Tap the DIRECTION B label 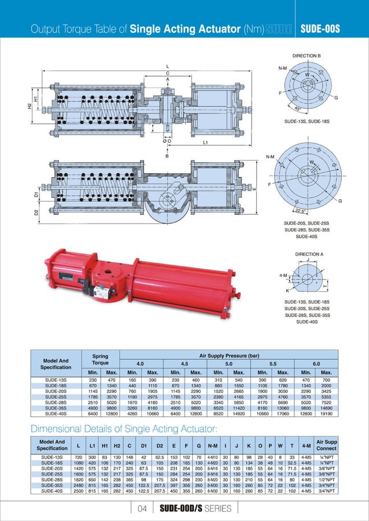(x=307, y=56)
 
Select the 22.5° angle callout (x=300, y=210)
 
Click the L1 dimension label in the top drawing (x=205, y=142)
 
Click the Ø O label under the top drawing (x=167, y=142)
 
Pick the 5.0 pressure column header (x=228, y=364)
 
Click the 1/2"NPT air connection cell (x=327, y=479)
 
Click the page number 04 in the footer (x=141, y=508)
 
